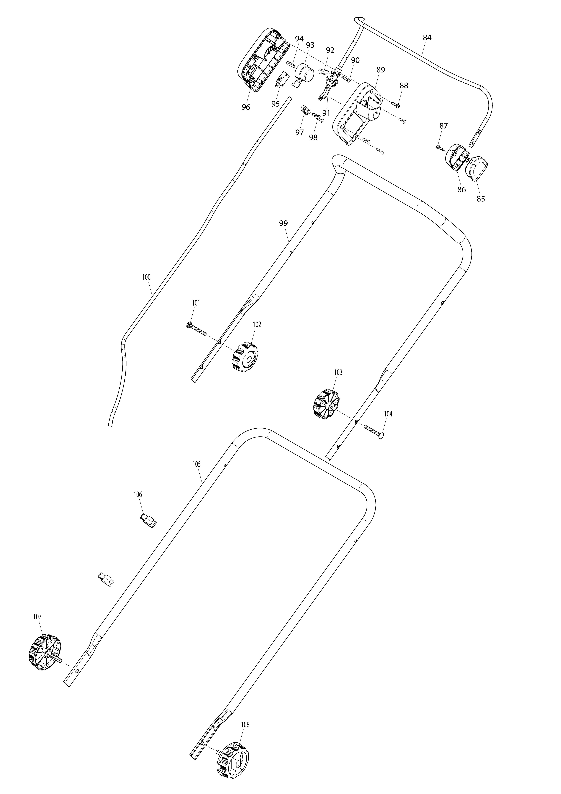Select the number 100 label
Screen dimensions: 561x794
pos(146,277)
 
